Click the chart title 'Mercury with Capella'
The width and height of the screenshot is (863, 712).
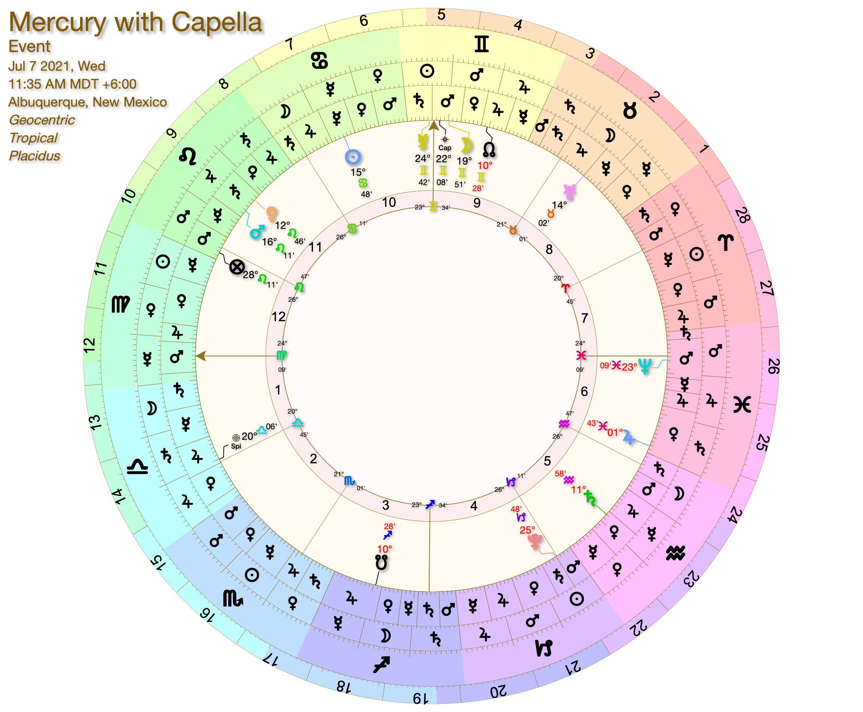tap(135, 22)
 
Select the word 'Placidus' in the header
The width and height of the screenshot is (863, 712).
tap(34, 156)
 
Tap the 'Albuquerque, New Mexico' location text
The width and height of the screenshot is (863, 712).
tap(88, 102)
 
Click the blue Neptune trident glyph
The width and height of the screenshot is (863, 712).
tap(645, 366)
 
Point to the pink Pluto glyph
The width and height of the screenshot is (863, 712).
tap(535, 541)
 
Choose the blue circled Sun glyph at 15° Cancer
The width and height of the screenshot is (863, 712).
tap(353, 157)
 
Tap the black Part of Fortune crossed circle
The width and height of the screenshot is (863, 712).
tap(237, 267)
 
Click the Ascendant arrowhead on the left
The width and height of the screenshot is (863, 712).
tap(201, 356)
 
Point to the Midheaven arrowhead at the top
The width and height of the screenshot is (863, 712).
tap(434, 126)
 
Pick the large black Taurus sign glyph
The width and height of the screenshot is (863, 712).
tap(630, 111)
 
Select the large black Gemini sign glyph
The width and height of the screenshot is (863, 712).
tap(481, 44)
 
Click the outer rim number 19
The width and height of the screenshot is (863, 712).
tap(421, 698)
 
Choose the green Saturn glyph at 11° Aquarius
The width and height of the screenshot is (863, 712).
tap(590, 497)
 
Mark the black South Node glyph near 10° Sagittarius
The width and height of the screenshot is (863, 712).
tap(381, 562)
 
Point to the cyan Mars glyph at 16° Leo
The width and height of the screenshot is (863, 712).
tap(257, 232)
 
